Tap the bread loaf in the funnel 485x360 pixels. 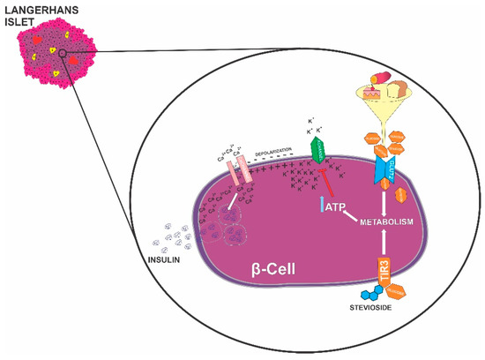pos(400,87)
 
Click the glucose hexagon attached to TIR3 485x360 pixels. pos(394,288)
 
